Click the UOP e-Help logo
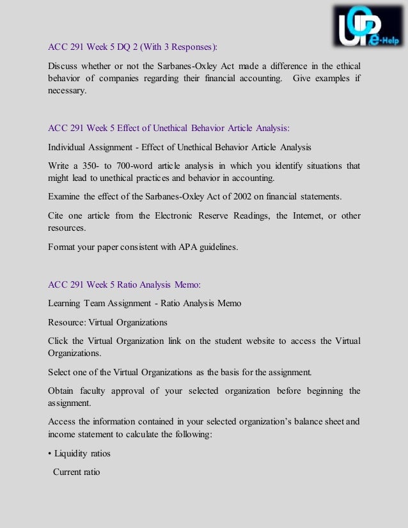coord(367,26)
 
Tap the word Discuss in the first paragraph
coord(63,66)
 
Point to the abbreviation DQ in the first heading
coord(123,47)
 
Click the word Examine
coord(64,196)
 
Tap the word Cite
coord(56,215)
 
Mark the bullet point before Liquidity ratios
coord(50,453)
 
